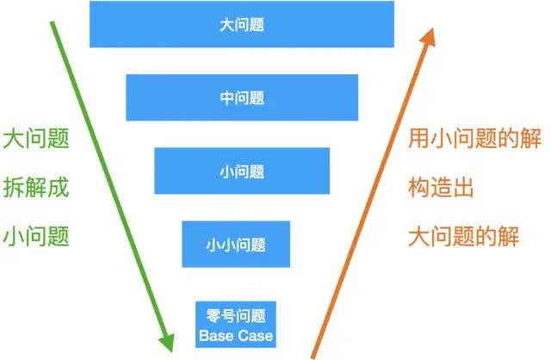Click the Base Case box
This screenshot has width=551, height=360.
click(x=236, y=321)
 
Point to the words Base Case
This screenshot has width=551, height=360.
click(x=236, y=333)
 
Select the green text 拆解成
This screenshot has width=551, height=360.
click(x=35, y=187)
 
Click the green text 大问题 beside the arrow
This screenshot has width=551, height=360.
click(x=35, y=139)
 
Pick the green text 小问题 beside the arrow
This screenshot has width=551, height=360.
click(x=35, y=235)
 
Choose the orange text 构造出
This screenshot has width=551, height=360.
click(x=441, y=187)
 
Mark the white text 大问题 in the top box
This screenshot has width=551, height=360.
click(x=241, y=24)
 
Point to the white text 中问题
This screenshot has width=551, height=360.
click(x=241, y=97)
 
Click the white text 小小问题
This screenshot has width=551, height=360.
click(x=236, y=243)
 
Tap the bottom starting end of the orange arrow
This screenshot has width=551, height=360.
click(x=313, y=354)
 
